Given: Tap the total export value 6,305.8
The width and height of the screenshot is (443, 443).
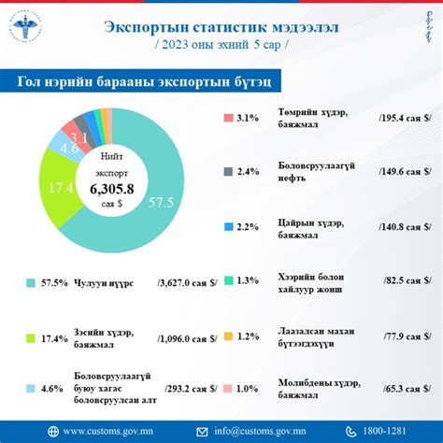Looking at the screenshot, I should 111,189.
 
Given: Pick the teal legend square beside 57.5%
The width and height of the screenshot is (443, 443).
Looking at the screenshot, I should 31,281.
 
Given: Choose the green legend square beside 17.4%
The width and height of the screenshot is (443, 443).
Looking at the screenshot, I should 31,337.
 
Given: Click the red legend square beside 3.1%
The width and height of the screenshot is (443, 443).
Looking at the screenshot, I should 228,119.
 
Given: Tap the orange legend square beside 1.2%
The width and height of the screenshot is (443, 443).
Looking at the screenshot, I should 228,336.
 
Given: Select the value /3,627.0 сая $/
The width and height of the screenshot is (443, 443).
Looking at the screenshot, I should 188,281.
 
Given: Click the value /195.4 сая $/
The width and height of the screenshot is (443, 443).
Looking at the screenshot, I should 404,119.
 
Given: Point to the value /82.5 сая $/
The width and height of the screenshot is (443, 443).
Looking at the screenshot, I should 404,280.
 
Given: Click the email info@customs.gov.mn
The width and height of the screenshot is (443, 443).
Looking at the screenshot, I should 266,430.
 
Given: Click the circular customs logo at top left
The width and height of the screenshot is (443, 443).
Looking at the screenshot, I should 29,29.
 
